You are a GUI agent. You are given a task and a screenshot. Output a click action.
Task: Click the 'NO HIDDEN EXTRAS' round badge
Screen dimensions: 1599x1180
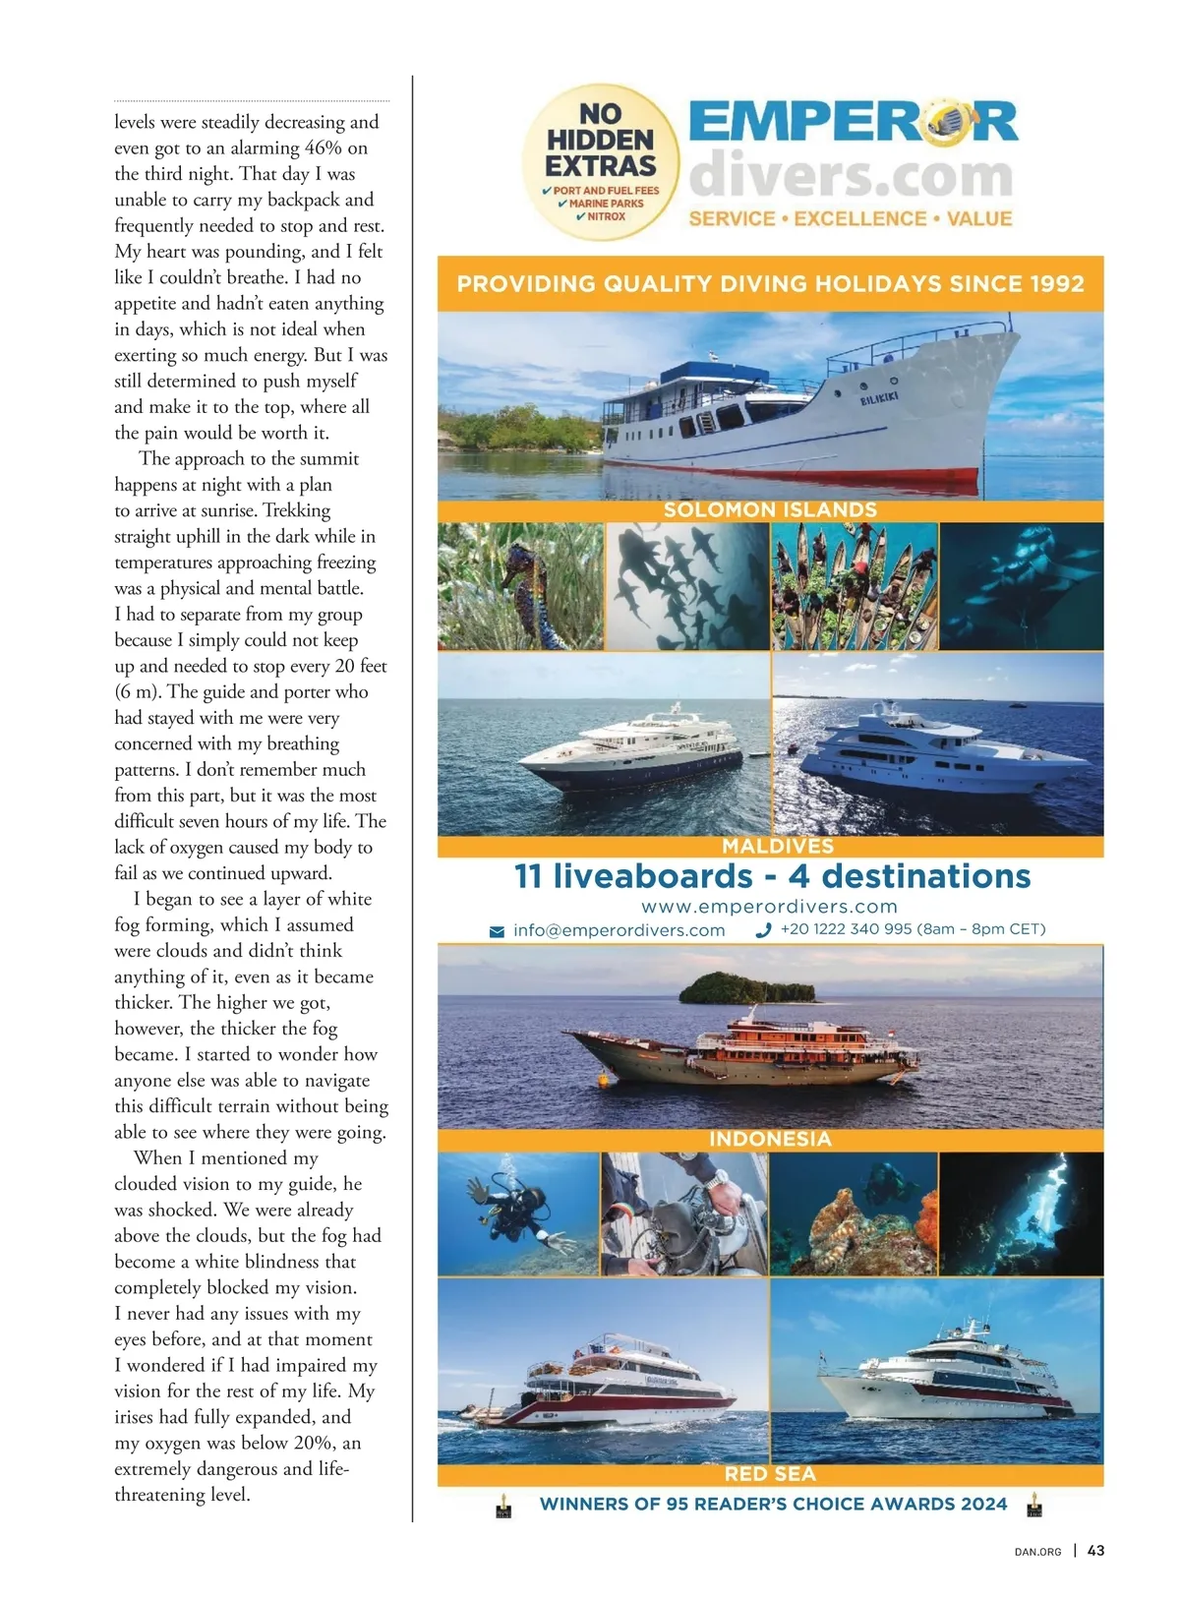(x=601, y=162)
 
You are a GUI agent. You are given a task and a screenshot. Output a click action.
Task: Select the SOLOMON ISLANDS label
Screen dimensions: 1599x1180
(x=770, y=509)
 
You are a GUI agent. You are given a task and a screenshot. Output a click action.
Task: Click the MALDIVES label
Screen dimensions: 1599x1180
(x=777, y=846)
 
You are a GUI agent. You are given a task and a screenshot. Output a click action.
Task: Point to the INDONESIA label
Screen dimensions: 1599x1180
(x=770, y=1139)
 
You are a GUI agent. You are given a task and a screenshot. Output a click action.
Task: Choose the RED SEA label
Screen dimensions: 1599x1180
(x=770, y=1473)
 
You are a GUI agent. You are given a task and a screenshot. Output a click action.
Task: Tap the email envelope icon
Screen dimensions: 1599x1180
(x=498, y=931)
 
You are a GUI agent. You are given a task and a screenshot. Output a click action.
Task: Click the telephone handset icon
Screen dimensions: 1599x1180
(x=763, y=930)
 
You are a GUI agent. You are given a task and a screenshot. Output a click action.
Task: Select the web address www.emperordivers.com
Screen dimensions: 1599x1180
(x=769, y=906)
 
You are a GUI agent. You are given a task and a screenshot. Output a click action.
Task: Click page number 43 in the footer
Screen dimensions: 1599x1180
(x=1096, y=1550)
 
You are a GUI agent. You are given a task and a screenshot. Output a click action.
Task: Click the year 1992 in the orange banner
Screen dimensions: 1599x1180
(x=1057, y=284)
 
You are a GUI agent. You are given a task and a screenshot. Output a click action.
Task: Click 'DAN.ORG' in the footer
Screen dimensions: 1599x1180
(x=1037, y=1552)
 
